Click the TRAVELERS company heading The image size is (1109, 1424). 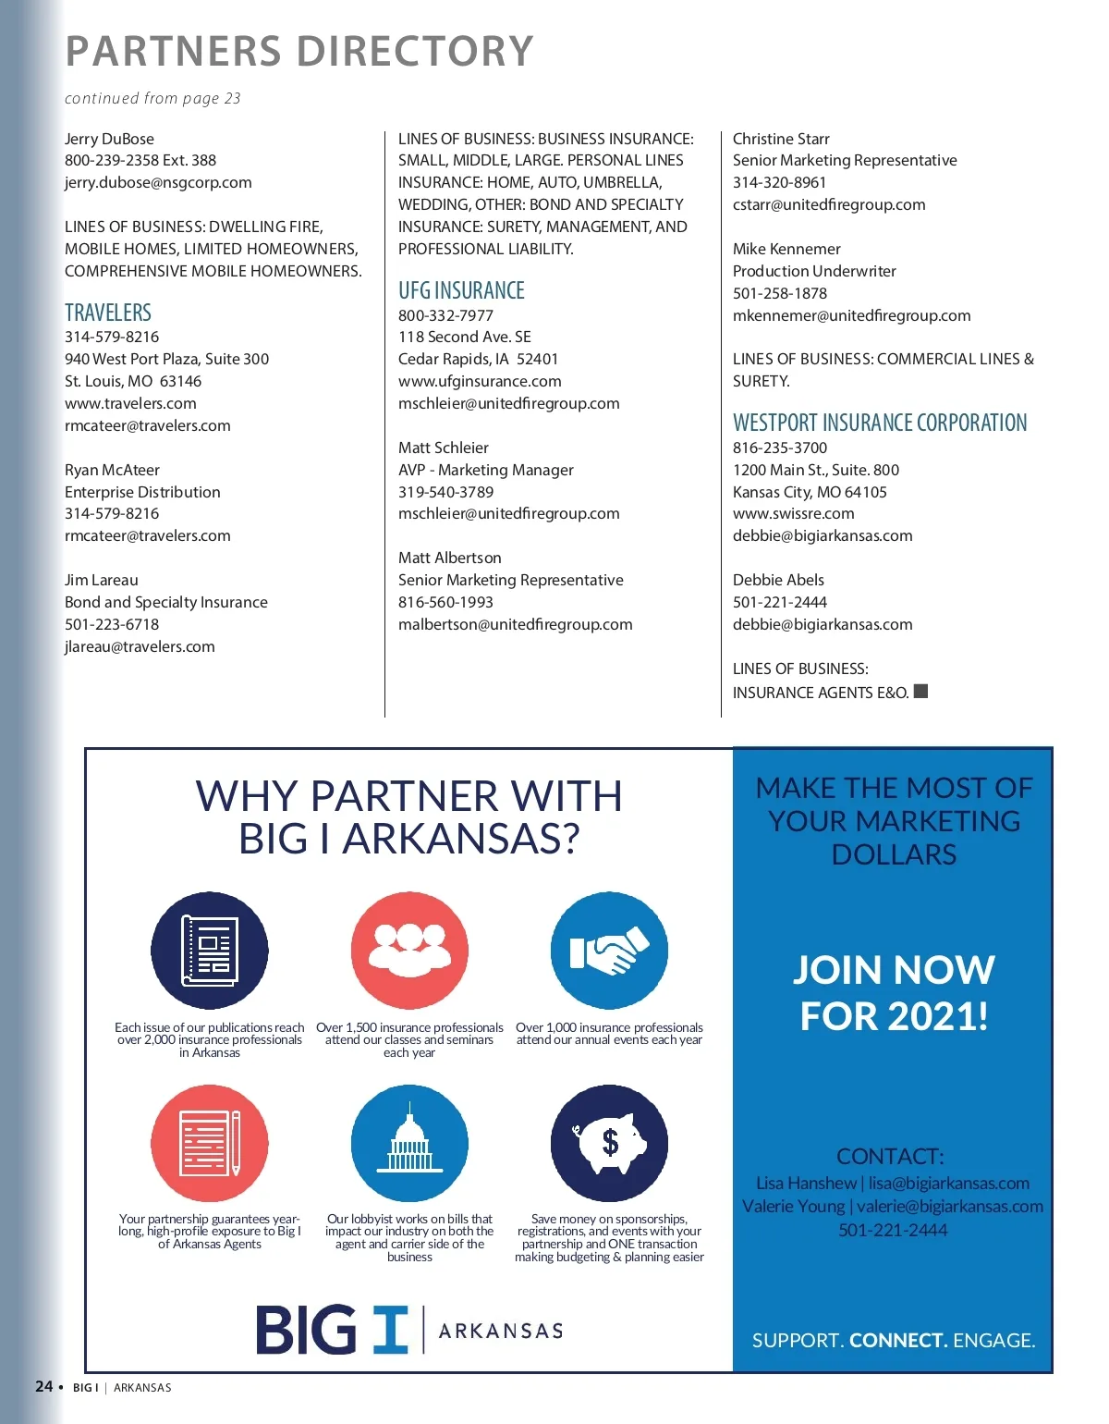click(x=108, y=313)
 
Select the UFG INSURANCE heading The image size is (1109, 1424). click(x=461, y=290)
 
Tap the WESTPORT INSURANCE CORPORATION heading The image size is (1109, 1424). click(x=880, y=423)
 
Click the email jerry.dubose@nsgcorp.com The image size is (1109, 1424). click(x=158, y=182)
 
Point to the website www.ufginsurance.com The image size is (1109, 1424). click(x=480, y=381)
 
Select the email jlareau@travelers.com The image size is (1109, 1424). click(x=140, y=646)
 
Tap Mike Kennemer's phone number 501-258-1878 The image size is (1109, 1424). click(x=780, y=293)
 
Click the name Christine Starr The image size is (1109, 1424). click(x=781, y=139)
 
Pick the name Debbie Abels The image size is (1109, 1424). click(x=778, y=580)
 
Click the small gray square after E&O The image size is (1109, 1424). click(x=920, y=692)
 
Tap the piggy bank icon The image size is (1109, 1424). click(x=609, y=1143)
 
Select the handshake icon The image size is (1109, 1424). click(x=609, y=951)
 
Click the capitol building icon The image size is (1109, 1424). click(x=409, y=1143)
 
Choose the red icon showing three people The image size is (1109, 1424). click(x=409, y=951)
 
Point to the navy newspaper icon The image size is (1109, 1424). click(x=210, y=951)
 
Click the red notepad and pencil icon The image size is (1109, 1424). click(x=210, y=1143)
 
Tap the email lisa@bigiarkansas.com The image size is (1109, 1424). click(x=948, y=1183)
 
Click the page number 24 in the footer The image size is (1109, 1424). click(x=43, y=1386)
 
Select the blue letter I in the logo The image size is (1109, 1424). click(x=390, y=1330)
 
